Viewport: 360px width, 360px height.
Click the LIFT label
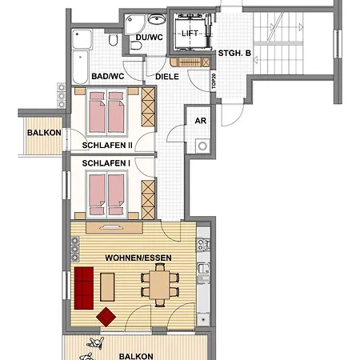190,34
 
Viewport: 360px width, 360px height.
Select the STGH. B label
235,54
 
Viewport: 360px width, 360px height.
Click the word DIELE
166,77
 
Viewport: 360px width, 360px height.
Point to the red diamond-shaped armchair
105,317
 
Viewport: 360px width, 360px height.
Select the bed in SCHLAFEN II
106,114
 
